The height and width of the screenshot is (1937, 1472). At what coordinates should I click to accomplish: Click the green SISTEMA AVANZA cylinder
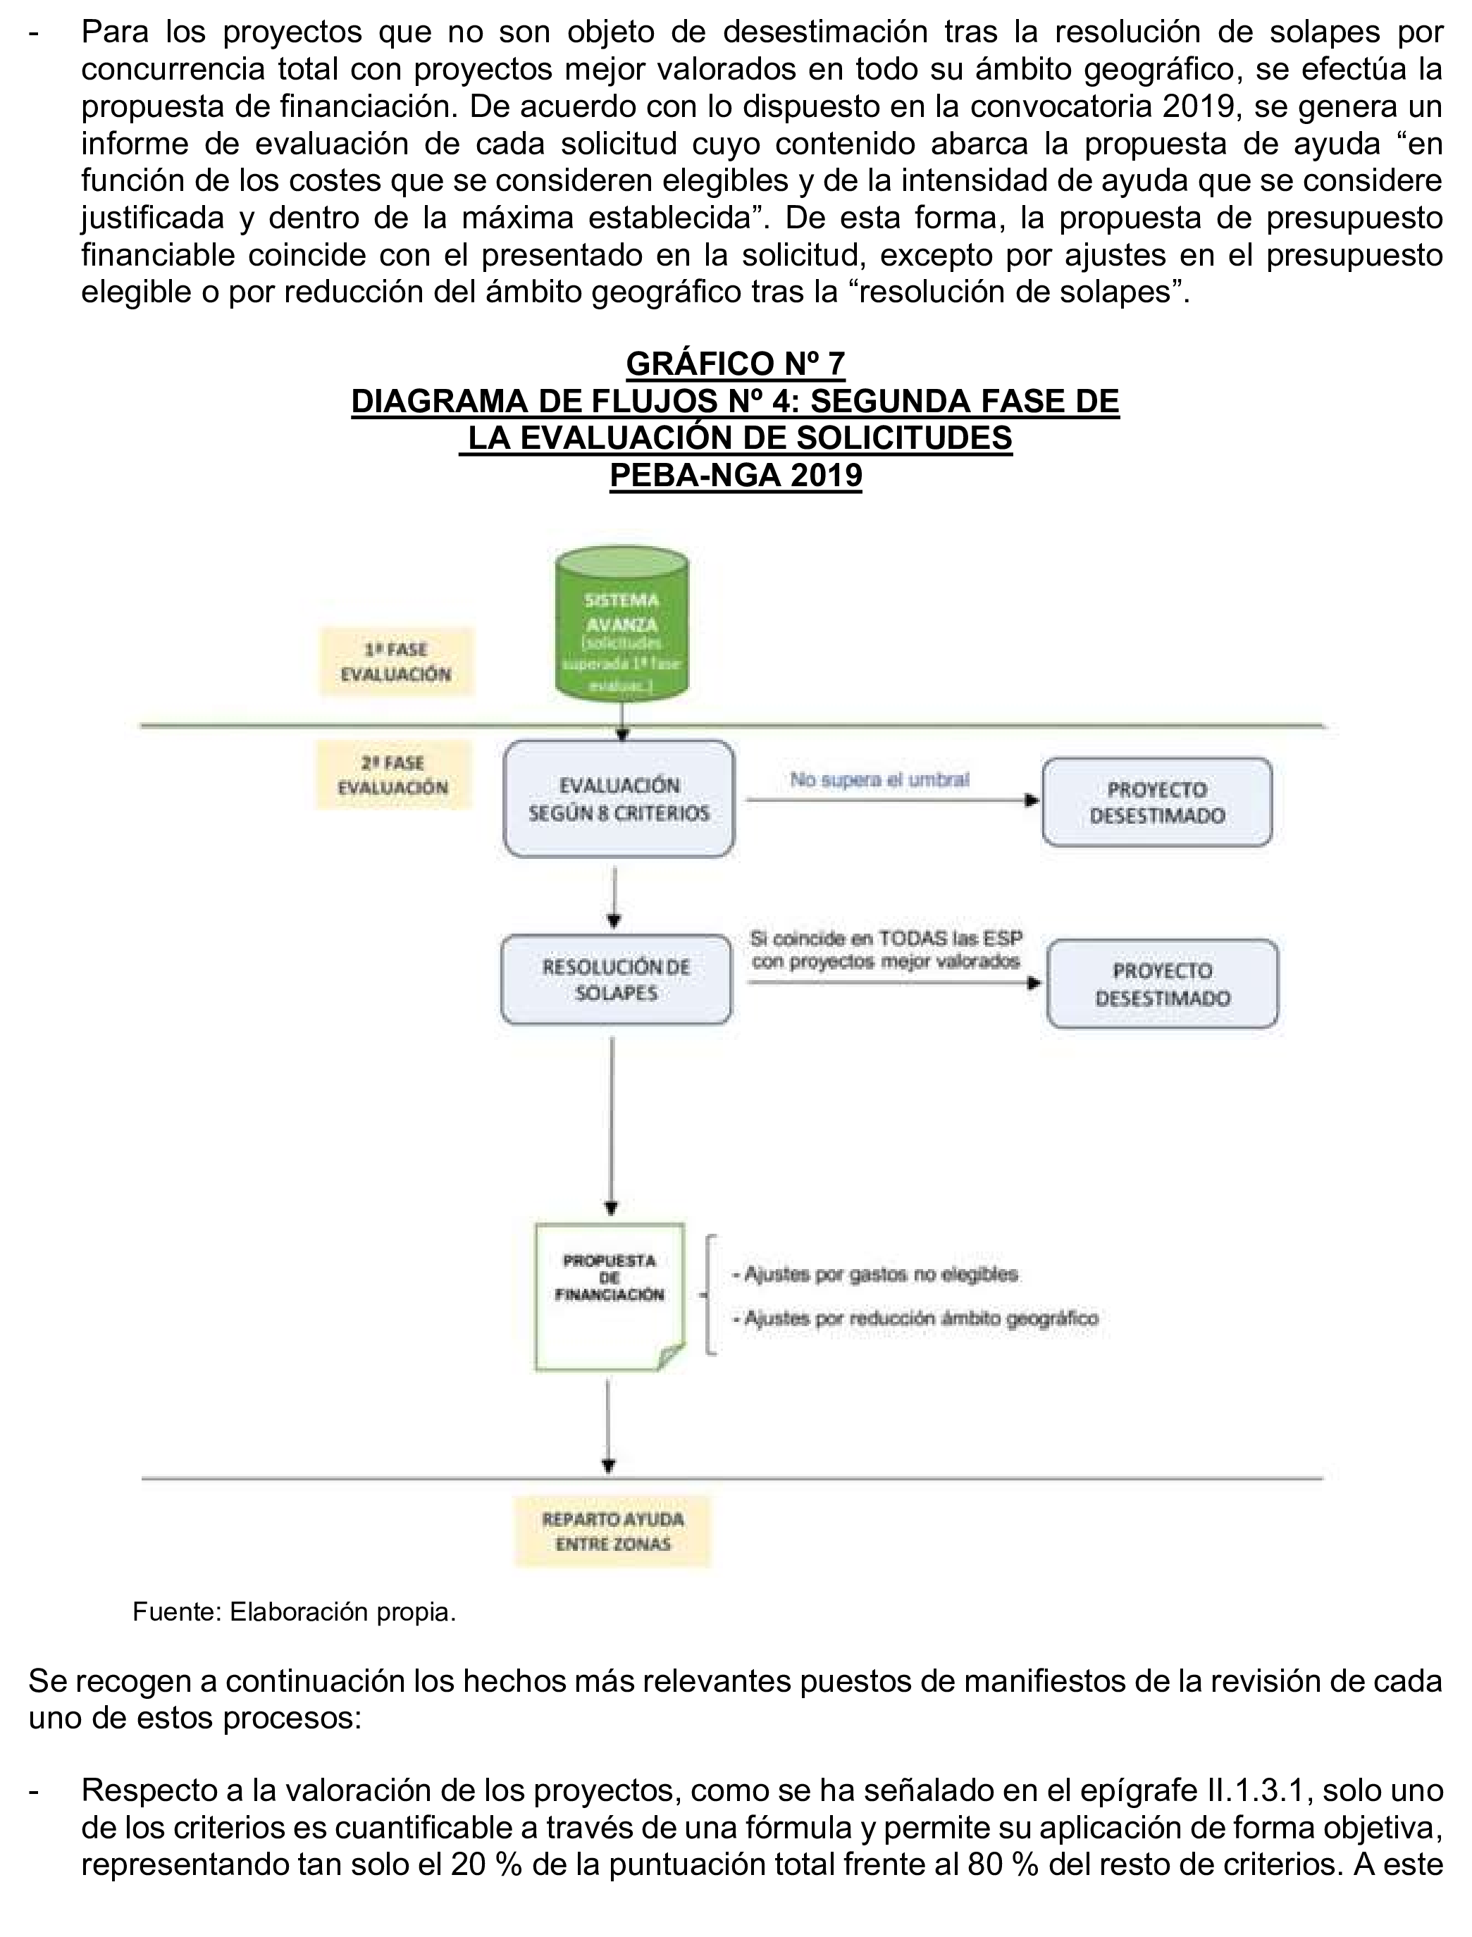(622, 624)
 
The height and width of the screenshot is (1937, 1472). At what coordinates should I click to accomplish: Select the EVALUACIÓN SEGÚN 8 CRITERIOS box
(619, 799)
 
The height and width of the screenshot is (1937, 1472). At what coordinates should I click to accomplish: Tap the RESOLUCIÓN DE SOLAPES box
(616, 979)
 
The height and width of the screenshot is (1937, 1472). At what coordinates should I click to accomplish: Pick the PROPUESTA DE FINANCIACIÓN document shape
(610, 1296)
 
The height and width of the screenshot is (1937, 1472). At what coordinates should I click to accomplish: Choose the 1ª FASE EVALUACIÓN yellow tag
(396, 662)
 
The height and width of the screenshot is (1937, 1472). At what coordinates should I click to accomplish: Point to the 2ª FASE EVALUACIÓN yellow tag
(392, 775)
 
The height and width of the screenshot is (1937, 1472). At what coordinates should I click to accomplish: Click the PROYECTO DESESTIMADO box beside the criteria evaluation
(1156, 803)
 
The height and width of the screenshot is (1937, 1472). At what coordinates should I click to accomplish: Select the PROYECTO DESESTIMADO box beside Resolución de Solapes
(1162, 984)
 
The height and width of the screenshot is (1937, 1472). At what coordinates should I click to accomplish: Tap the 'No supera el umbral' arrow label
(879, 779)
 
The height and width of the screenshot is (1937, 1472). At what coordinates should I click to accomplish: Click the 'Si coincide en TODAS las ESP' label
(886, 939)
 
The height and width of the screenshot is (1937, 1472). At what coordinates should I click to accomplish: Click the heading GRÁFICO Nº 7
(735, 363)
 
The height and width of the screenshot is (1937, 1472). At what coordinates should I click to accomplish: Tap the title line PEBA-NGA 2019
(735, 476)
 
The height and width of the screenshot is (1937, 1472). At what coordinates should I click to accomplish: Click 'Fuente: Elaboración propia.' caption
(295, 1612)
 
